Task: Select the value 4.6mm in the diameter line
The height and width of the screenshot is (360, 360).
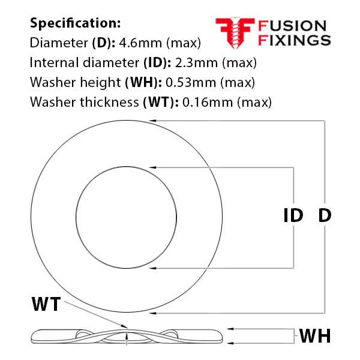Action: (140, 43)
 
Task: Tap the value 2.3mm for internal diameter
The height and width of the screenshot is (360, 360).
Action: (196, 62)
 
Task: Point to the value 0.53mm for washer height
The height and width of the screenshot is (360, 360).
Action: (191, 82)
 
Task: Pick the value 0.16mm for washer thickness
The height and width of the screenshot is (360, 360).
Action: (208, 102)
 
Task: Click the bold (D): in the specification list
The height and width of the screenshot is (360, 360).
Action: (104, 43)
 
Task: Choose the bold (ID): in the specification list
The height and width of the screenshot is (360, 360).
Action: (157, 62)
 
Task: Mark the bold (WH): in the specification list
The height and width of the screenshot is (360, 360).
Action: (143, 82)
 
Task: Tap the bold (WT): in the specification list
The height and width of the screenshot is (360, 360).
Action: (161, 102)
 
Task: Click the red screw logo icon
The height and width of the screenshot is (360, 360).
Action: (235, 32)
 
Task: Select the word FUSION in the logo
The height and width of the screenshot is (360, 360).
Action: (292, 26)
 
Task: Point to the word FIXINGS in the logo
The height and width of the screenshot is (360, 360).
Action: (294, 40)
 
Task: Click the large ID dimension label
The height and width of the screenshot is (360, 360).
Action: (293, 215)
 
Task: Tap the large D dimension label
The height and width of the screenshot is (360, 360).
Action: (325, 215)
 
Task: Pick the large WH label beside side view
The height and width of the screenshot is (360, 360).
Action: (315, 336)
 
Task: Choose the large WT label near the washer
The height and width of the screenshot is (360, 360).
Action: (46, 304)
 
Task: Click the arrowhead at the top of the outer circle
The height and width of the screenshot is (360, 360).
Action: (152, 121)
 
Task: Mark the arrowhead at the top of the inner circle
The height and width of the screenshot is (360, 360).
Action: (152, 167)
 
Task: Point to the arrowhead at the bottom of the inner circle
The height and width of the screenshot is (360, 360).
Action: (152, 268)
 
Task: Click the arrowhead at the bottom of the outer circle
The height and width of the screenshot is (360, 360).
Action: (152, 313)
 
